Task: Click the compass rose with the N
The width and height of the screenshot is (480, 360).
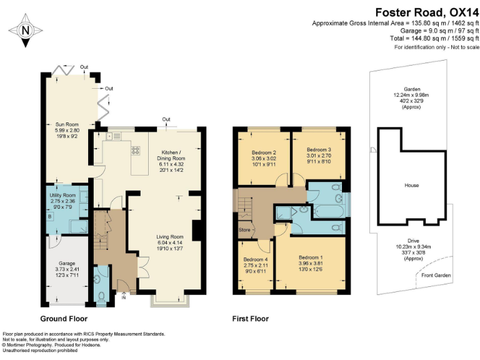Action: click(24, 29)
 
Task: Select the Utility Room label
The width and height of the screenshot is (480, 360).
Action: click(62, 201)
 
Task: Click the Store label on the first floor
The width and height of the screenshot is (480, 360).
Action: click(244, 229)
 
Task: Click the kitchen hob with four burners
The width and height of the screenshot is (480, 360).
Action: click(134, 151)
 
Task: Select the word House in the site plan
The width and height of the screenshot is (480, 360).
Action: click(411, 186)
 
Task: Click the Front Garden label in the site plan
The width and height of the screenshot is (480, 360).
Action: click(436, 275)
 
